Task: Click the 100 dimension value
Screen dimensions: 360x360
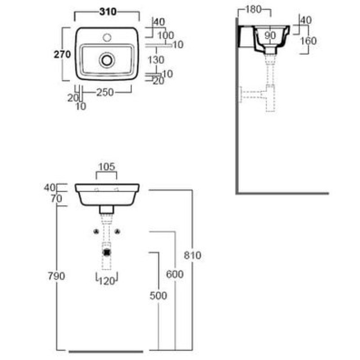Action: click(166, 35)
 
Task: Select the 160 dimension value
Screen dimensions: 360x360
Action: click(308, 40)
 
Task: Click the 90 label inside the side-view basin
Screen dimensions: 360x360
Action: click(270, 35)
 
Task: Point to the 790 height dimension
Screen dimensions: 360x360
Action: click(57, 276)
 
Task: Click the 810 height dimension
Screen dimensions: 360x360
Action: click(192, 255)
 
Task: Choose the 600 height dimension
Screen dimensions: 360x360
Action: click(174, 274)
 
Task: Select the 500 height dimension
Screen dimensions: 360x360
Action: click(158, 295)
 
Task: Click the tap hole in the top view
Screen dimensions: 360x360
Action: click(107, 36)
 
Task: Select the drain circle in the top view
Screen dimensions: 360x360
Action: click(107, 59)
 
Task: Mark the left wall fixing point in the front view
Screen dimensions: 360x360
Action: click(95, 231)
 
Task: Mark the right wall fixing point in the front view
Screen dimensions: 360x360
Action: click(118, 231)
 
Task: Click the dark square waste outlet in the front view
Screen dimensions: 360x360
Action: click(107, 252)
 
